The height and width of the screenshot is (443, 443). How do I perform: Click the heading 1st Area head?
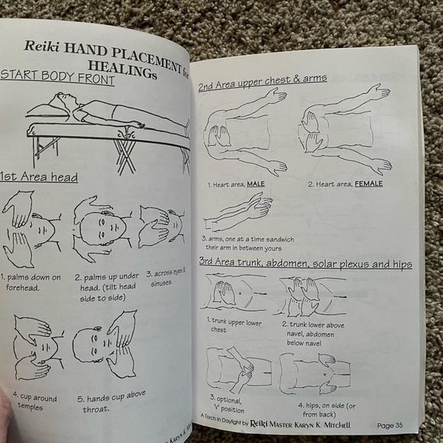[x=39, y=177]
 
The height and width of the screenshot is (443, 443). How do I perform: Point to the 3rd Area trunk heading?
[x=305, y=264]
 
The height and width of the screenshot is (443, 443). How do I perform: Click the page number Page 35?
[x=394, y=425]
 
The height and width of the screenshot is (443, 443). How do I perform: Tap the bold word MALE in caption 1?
[x=256, y=184]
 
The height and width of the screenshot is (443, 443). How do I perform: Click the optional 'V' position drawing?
[x=235, y=370]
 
